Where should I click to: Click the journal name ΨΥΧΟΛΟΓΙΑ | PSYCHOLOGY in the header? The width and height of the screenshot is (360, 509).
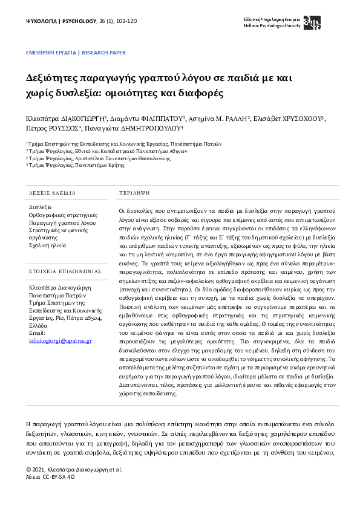pyautogui.click(x=61, y=21)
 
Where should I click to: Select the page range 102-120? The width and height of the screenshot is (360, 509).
pyautogui.click(x=124, y=21)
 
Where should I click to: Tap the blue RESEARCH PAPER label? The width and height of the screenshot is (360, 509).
pyautogui.click(x=103, y=53)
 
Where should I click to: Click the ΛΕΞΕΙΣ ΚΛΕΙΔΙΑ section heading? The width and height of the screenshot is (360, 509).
pyautogui.click(x=53, y=193)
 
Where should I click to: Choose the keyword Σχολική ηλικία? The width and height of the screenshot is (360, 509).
pyautogui.click(x=48, y=246)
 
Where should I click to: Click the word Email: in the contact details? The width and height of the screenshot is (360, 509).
pyautogui.click(x=38, y=333)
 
